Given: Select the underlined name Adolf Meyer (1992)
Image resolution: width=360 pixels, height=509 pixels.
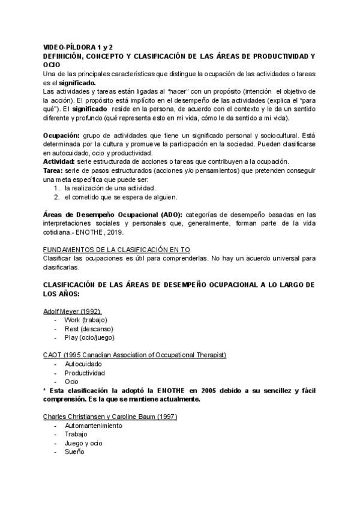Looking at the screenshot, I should [72, 311].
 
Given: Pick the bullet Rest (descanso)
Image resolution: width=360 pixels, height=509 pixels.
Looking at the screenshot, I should [88, 329].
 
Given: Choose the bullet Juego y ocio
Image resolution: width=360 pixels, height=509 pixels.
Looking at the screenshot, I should [83, 443].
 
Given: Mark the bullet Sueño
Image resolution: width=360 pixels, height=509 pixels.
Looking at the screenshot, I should [74, 451].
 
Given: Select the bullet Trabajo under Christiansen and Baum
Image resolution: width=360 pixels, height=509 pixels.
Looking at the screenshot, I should [76, 434].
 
